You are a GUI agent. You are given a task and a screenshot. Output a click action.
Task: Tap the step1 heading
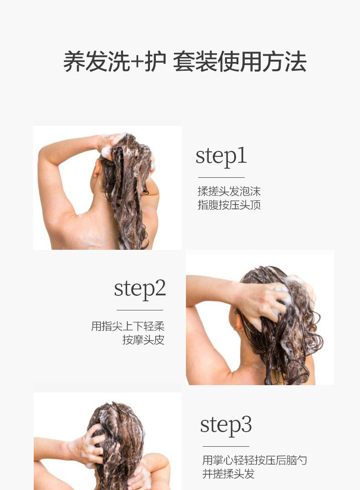[x=221, y=156]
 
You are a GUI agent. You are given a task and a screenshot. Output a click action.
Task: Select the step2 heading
[x=140, y=289]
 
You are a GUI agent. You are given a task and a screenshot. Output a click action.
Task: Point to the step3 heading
[x=226, y=425]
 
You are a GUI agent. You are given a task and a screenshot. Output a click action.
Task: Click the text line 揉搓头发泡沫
[x=229, y=191]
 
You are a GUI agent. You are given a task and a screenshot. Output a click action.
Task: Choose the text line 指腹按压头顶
[x=229, y=205]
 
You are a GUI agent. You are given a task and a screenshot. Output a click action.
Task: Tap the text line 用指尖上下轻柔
[x=128, y=326]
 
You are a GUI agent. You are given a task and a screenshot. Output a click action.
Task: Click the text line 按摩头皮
[x=144, y=340]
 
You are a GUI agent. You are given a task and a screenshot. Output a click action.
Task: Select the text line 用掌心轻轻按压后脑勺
[x=255, y=460]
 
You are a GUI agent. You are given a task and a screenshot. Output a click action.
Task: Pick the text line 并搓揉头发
[x=228, y=474]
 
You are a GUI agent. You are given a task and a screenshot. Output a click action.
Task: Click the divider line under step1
[x=221, y=177]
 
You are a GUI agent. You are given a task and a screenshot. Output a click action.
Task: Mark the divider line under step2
[x=140, y=310]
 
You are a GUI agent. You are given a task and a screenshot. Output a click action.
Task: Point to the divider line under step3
[x=226, y=446]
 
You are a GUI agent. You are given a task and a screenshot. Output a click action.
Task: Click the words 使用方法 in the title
[x=262, y=62]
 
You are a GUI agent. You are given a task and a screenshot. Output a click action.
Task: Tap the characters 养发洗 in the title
[x=97, y=62]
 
